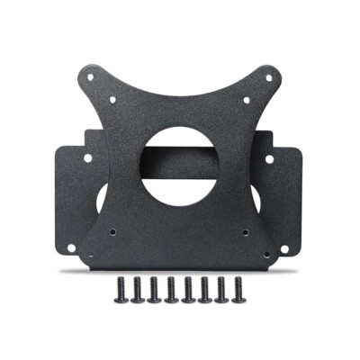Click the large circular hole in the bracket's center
[180, 166]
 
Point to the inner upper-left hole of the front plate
[114, 100]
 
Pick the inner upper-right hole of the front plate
[246, 100]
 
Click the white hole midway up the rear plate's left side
[87, 158]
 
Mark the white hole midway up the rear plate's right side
[272, 158]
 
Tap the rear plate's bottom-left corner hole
[66, 245]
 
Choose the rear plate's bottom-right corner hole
[294, 245]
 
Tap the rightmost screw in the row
[239, 290]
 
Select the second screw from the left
[138, 290]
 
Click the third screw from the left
[155, 290]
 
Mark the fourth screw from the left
[172, 290]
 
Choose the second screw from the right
[222, 290]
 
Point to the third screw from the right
[205, 290]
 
